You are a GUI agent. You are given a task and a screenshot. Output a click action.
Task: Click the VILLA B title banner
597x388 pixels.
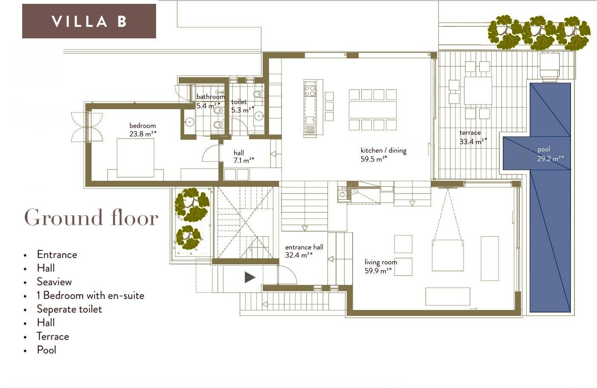tap(89, 21)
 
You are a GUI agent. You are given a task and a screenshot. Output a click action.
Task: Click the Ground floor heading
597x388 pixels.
tap(91, 218)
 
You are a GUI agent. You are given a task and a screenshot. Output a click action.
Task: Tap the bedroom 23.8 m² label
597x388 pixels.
tap(142, 130)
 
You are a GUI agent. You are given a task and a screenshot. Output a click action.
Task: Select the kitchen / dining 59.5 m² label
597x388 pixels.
tap(383, 154)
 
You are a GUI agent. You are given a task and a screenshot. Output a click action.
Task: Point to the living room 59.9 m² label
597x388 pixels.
tap(380, 266)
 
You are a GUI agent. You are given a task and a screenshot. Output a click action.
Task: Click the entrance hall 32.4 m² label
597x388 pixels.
tap(304, 251)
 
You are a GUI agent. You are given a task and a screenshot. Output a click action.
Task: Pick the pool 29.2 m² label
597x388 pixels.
tap(550, 154)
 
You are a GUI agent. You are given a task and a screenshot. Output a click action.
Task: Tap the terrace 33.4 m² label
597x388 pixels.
tap(473, 137)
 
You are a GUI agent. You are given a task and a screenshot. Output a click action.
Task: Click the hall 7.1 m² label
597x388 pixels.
tap(243, 156)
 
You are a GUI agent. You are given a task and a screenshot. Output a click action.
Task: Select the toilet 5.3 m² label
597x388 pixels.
tap(242, 106)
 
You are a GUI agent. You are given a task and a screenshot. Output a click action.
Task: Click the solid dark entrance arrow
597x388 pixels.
tap(250, 278)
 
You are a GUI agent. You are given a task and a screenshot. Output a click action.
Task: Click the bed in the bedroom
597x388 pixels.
tap(136, 158)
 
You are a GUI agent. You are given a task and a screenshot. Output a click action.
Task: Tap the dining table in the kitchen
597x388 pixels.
tap(373, 110)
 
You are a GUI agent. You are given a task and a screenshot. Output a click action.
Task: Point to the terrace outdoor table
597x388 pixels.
tap(478, 90)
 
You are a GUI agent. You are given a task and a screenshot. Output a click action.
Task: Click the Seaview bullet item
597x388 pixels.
tap(55, 282)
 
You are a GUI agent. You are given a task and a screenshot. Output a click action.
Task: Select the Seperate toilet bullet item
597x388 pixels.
tap(69, 309)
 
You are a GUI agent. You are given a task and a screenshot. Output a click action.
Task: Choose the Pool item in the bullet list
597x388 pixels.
tap(46, 350)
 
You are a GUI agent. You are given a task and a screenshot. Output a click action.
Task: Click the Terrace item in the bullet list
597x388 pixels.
tap(53, 336)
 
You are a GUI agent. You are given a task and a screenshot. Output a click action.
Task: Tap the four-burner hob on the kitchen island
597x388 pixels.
tap(310, 90)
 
